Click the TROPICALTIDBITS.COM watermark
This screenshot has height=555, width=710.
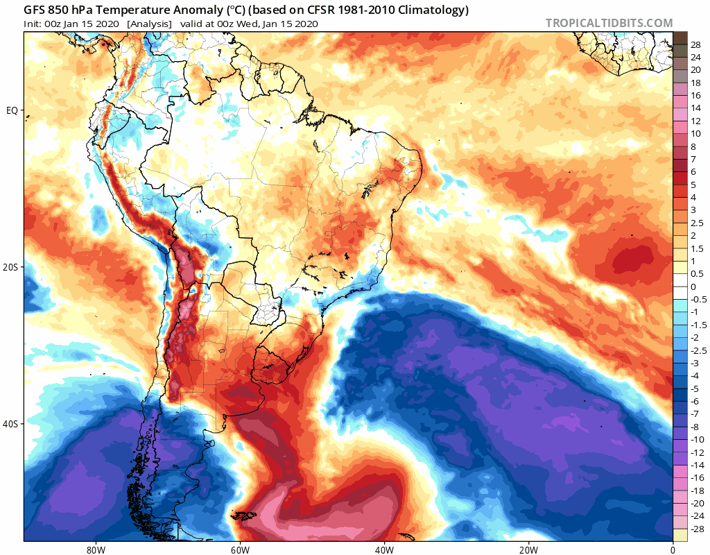(x=609, y=23)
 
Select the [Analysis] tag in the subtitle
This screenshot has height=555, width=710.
(x=149, y=24)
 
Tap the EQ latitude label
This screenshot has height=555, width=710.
(x=13, y=110)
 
